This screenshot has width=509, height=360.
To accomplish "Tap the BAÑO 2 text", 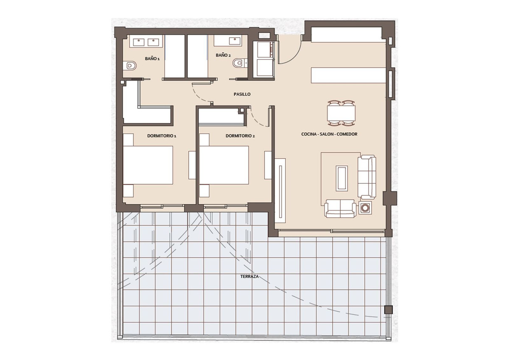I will pyautogui.click(x=223, y=55).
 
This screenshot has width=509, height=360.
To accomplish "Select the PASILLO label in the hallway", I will pyautogui.click(x=243, y=94).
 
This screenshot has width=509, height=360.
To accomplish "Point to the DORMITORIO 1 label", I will pyautogui.click(x=161, y=136).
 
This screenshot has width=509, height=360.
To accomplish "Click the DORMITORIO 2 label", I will pyautogui.click(x=240, y=136).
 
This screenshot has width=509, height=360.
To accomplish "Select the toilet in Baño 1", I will pyautogui.click(x=131, y=66).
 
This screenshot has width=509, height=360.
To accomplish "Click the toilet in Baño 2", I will pyautogui.click(x=239, y=63).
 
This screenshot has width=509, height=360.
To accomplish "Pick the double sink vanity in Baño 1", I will pyautogui.click(x=145, y=41).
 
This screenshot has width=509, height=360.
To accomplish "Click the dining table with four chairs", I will pyautogui.click(x=341, y=113).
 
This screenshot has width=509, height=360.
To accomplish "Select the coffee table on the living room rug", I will pyautogui.click(x=341, y=177).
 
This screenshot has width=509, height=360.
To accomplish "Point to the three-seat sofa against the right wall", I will pyautogui.click(x=367, y=177).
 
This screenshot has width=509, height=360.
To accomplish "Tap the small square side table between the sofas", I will pyautogui.click(x=364, y=208).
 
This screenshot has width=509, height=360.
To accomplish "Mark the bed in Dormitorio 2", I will pyautogui.click(x=224, y=165).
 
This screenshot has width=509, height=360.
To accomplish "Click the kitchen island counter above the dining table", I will pyautogui.click(x=348, y=75).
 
